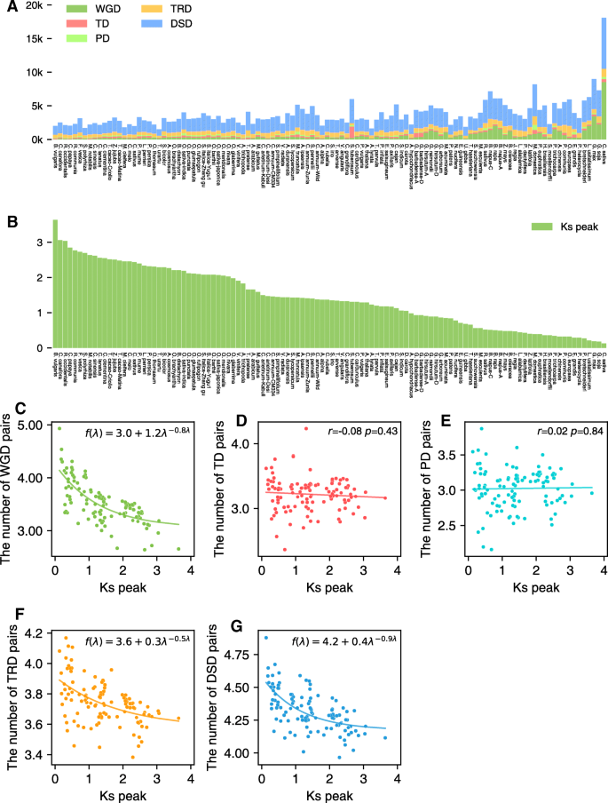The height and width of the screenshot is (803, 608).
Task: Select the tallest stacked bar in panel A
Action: [604, 79]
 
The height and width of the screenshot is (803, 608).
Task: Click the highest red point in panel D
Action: [307, 428]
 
